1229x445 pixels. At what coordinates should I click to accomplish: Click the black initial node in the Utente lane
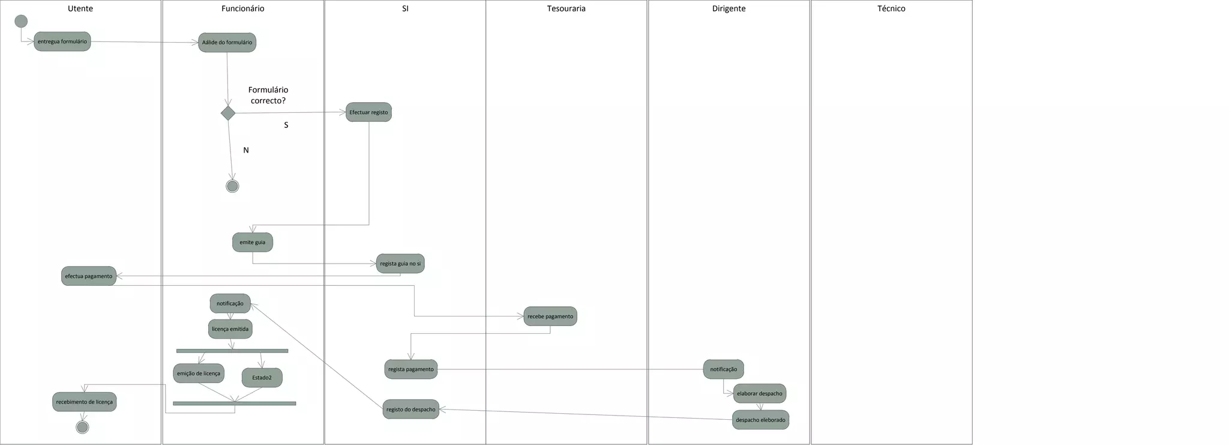pos(21,22)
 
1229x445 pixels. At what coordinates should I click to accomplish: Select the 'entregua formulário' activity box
pos(62,41)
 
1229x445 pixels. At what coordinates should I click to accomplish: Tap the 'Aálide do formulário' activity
pos(227,43)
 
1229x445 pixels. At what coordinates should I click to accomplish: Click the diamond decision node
pos(228,113)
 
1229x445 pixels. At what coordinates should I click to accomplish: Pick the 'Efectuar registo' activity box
pos(368,112)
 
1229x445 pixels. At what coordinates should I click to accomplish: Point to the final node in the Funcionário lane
pos(232,186)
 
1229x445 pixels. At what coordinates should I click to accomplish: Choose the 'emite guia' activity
pos(252,243)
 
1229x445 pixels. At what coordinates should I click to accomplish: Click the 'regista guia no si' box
pos(400,264)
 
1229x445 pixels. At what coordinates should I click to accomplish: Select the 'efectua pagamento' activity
pos(89,276)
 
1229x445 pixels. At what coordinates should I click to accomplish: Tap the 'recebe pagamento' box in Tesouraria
pos(550,316)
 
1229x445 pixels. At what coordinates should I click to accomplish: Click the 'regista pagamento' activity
pos(410,369)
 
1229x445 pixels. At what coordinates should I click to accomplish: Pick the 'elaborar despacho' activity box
pos(759,393)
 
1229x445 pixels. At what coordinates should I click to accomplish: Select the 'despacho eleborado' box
pos(760,420)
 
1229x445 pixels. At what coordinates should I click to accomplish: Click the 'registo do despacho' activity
pos(410,410)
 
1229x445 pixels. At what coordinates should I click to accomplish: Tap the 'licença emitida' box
pos(230,329)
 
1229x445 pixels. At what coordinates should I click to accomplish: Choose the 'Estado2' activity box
pos(262,378)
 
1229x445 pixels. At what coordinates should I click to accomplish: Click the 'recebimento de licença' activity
pos(84,402)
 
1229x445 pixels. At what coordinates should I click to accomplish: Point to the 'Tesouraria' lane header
pos(566,8)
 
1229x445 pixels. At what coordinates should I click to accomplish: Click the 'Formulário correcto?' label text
pos(268,95)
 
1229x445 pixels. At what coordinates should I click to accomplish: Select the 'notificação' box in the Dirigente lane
pos(723,369)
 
